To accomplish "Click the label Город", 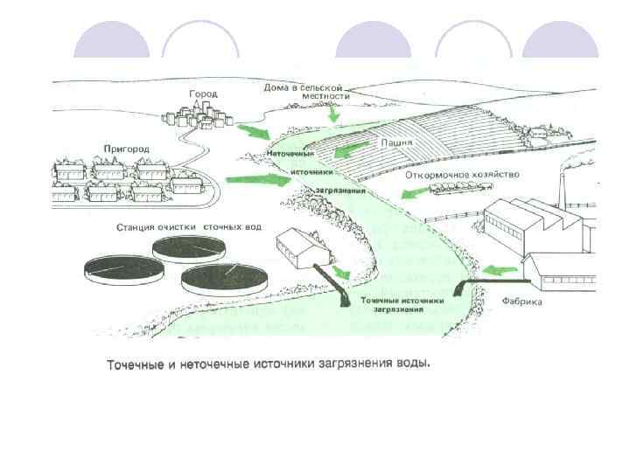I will (203, 94).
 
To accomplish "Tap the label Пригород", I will (126, 149).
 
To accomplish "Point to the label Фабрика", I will (522, 302).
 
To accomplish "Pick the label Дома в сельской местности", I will (303, 92).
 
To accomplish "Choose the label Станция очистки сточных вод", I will (188, 227).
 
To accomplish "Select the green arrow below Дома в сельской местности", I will (332, 114).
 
